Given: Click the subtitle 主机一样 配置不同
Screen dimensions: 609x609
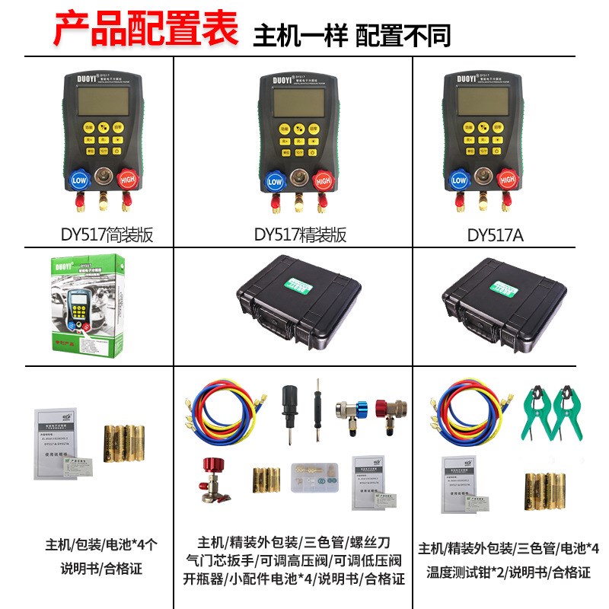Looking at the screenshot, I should pos(352,35).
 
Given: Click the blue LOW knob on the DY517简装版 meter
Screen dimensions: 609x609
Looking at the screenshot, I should pos(79,180).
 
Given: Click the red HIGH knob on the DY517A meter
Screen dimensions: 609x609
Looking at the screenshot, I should pos(506,180).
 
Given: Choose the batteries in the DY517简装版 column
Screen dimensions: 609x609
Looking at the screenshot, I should pos(123,444).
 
